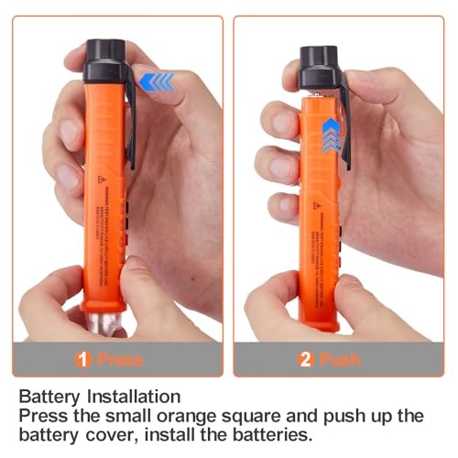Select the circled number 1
[84, 359]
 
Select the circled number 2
[305, 359]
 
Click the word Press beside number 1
[119, 359]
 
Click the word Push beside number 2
[338, 359]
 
